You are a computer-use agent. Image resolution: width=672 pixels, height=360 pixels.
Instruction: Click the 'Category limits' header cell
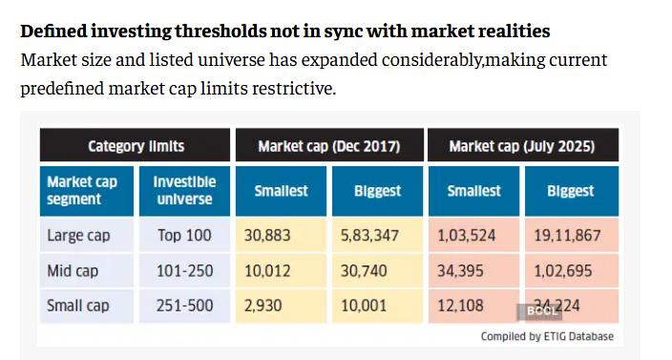(x=136, y=146)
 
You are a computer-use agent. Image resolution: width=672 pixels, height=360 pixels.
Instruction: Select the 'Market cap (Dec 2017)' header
(x=328, y=146)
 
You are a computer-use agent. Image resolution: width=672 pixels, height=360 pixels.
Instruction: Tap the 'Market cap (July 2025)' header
(x=522, y=146)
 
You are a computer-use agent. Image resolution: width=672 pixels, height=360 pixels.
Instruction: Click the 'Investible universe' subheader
(x=184, y=190)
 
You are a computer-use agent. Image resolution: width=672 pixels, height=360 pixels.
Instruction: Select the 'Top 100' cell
(x=184, y=234)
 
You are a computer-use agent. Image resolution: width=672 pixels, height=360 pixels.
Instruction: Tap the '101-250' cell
(x=184, y=270)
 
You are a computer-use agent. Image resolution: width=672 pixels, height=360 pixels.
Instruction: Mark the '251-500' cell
(x=184, y=307)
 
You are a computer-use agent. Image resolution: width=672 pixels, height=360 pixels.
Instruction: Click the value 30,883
(x=272, y=234)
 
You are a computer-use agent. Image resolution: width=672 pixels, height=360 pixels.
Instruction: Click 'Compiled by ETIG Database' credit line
(x=547, y=336)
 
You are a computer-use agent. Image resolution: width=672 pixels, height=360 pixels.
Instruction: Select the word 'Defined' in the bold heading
(x=53, y=31)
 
